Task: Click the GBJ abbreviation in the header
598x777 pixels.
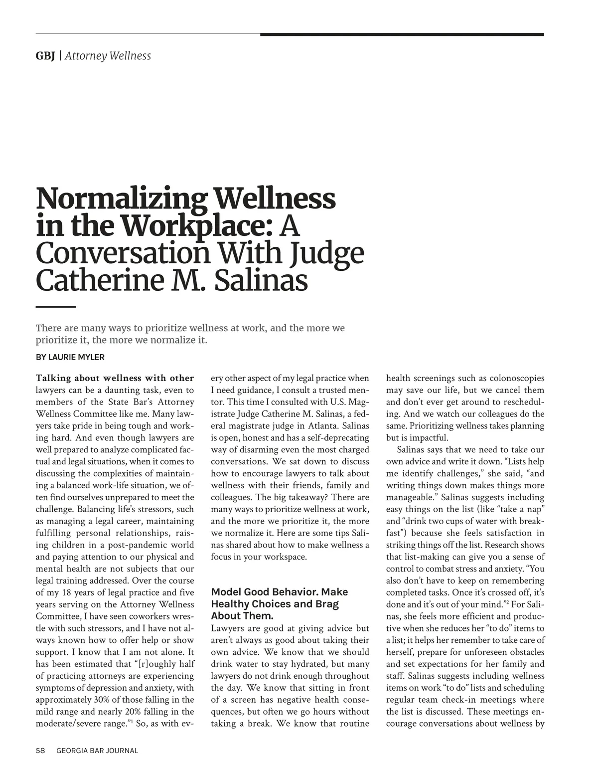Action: pyautogui.click(x=45, y=56)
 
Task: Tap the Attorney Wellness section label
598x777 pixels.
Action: pyautogui.click(x=108, y=56)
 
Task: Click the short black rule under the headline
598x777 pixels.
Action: pyautogui.click(x=55, y=307)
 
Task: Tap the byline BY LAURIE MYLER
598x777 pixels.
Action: pyautogui.click(x=70, y=357)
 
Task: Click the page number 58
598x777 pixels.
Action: pyautogui.click(x=41, y=751)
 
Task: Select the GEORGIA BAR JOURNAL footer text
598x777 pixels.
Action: pyautogui.click(x=97, y=751)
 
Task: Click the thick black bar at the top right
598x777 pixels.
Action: pyautogui.click(x=402, y=34)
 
